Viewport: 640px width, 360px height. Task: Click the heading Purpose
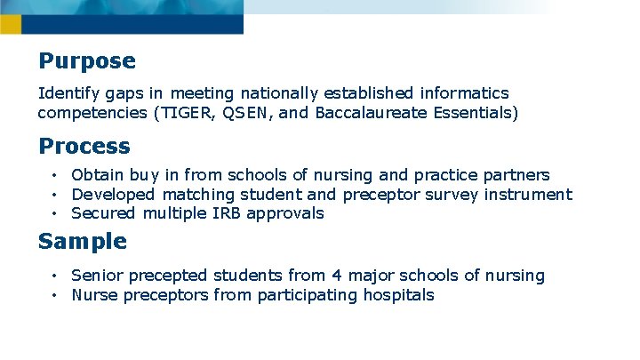coord(87,61)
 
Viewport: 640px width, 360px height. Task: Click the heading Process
coord(84,146)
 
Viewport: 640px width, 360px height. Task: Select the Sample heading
coord(83,241)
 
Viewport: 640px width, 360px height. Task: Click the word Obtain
coord(98,175)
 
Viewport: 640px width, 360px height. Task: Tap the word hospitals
coord(399,295)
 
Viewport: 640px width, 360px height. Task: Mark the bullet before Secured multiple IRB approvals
coord(55,213)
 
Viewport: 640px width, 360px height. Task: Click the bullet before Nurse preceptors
coord(55,295)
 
